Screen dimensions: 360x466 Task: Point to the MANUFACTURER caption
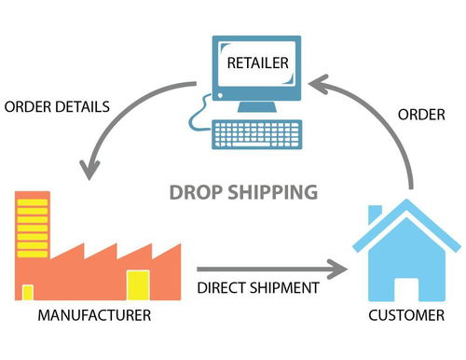click(x=92, y=314)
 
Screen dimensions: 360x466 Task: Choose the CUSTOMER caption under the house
click(x=405, y=314)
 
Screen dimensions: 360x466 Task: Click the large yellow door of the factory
click(x=138, y=284)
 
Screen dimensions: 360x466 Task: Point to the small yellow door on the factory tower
click(x=28, y=292)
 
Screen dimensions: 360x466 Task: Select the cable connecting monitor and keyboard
click(x=198, y=118)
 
